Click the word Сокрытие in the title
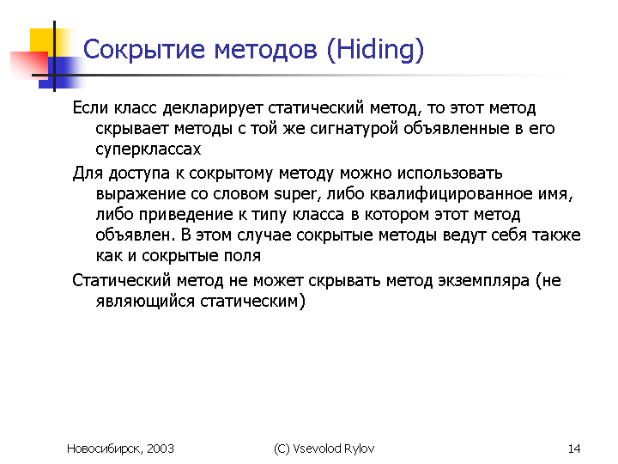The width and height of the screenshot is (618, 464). [144, 50]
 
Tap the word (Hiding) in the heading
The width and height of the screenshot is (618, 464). [375, 50]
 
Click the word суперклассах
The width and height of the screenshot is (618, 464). [148, 150]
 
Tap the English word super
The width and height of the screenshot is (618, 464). [295, 194]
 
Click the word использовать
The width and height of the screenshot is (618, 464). [450, 174]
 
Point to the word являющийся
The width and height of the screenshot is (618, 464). [145, 302]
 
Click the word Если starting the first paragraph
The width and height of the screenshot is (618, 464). [90, 108]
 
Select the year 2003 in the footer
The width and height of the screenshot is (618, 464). [161, 449]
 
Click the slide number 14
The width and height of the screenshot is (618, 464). [574, 449]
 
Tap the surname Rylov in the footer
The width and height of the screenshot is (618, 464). [359, 449]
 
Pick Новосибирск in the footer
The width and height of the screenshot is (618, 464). [105, 449]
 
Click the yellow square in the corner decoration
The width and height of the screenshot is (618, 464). [42, 40]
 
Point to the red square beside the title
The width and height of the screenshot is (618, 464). [29, 64]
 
